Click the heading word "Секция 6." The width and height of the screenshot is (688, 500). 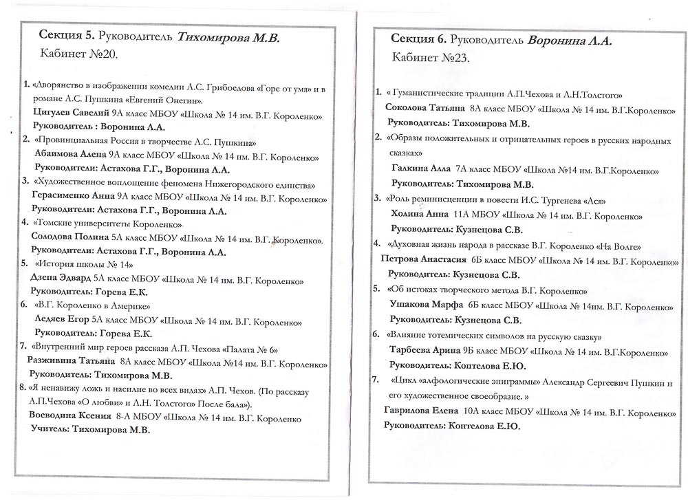pyautogui.click(x=418, y=39)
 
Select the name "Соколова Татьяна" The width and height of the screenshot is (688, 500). pyautogui.click(x=424, y=109)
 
